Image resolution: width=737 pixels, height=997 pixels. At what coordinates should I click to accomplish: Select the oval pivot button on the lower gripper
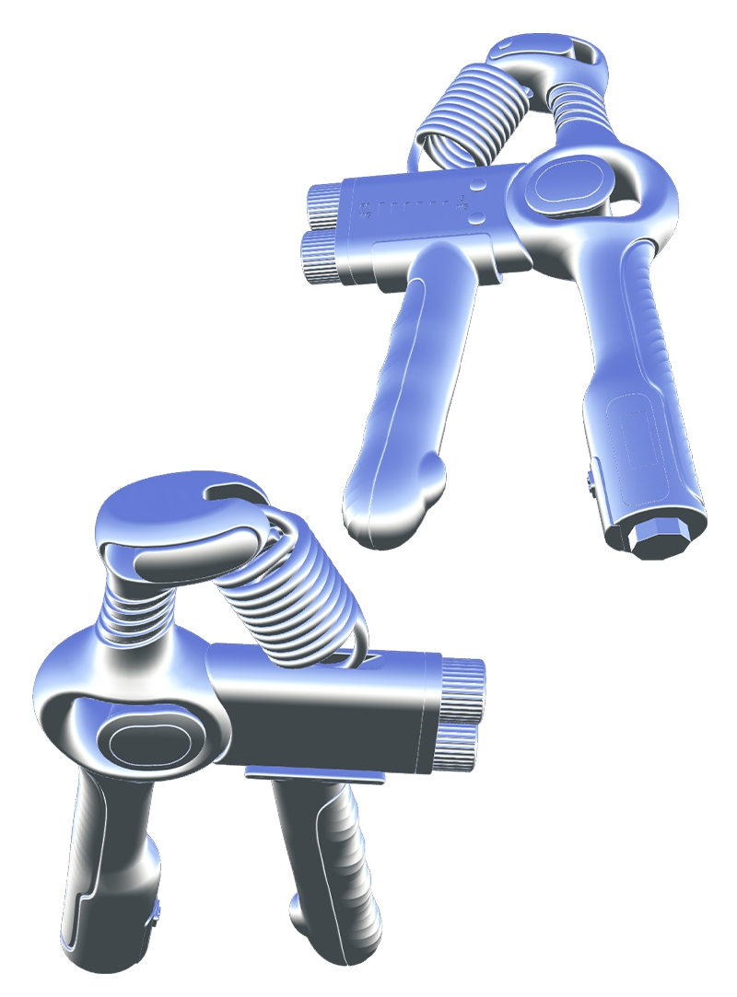(148, 739)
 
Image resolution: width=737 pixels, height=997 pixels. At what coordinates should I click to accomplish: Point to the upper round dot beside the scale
(477, 185)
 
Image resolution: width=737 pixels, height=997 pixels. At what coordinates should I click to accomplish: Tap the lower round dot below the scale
(476, 218)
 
